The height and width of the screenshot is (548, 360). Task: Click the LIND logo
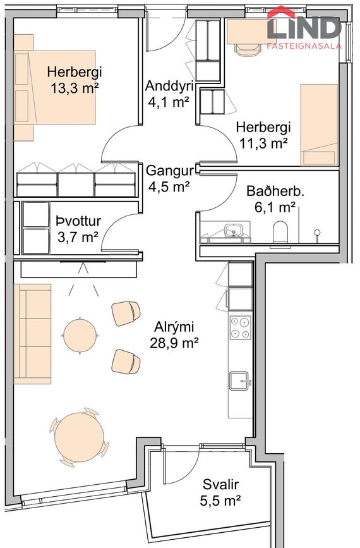(304, 28)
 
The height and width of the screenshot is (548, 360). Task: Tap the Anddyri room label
(169, 85)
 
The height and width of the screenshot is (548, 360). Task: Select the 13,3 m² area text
(75, 88)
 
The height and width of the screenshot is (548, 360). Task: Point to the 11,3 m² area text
(263, 143)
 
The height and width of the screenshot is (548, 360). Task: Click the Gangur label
(170, 171)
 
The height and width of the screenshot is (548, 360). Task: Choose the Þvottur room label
(78, 221)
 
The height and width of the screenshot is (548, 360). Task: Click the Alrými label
(174, 327)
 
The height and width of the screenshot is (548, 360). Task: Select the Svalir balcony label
(220, 485)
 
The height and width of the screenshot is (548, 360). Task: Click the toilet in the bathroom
(280, 232)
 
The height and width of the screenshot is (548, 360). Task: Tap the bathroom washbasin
(234, 231)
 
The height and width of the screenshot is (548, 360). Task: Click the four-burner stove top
(240, 327)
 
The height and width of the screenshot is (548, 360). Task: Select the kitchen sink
(240, 381)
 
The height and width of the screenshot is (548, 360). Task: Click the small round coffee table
(80, 336)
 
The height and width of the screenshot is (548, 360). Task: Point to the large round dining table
(80, 437)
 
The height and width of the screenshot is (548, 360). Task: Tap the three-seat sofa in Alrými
(32, 334)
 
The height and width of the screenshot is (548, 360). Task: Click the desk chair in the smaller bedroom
(248, 49)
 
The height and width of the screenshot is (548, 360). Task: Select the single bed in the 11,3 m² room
(319, 125)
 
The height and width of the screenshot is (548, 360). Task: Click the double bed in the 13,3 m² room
(55, 87)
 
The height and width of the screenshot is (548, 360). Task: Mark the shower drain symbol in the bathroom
(317, 233)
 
